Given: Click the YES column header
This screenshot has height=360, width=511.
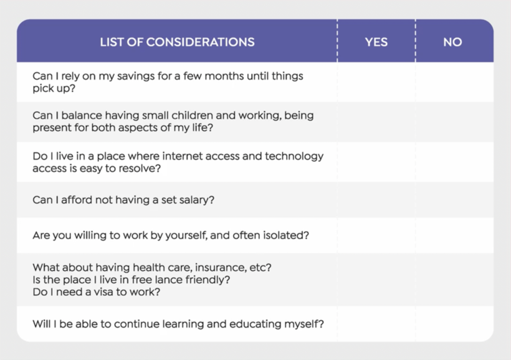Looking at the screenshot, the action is pos(376,42).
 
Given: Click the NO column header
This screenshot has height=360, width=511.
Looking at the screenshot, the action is pos(452,42).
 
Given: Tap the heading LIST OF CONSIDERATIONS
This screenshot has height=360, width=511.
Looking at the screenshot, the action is pos(177,42).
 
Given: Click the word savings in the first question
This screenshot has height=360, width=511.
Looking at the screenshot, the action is pos(136,77).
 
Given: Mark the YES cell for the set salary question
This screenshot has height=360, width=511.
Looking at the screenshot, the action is pos(376,200).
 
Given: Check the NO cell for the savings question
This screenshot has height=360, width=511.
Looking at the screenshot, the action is pos(454,82).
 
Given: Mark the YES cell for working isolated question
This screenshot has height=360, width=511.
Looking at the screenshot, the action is pos(376,235).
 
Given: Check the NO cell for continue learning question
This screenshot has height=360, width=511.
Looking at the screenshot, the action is pos(454,324).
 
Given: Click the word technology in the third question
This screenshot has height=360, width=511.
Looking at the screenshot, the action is pos(294,157).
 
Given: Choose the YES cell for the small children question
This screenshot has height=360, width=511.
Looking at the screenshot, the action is pos(376,122).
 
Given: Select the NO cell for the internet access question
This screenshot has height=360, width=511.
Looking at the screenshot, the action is pos(454,162).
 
